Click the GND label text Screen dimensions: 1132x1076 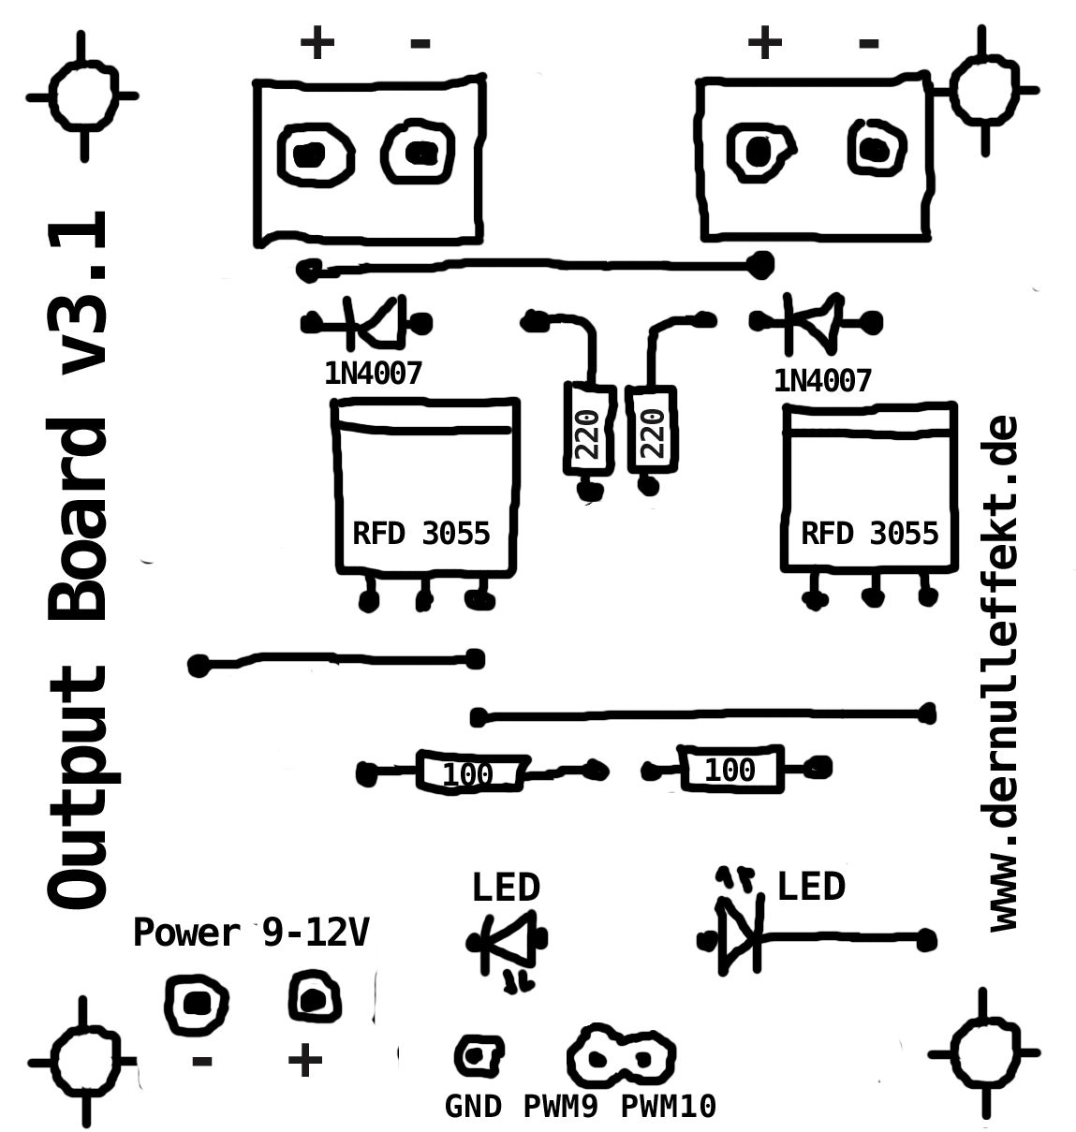point(473,1107)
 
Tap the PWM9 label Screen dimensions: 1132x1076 point(560,1107)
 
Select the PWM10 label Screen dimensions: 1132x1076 point(668,1107)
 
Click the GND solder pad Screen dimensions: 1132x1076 point(478,1055)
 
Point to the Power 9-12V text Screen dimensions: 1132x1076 point(251,933)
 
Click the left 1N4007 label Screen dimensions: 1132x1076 point(373,374)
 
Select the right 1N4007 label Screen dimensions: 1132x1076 point(822,380)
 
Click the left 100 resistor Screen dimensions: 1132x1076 point(469,773)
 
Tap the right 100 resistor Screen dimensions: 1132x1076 point(730,770)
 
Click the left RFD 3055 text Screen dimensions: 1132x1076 point(420,533)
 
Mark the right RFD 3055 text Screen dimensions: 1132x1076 point(869,533)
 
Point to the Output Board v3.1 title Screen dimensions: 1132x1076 point(77,562)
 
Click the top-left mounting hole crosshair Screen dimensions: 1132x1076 point(82,96)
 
